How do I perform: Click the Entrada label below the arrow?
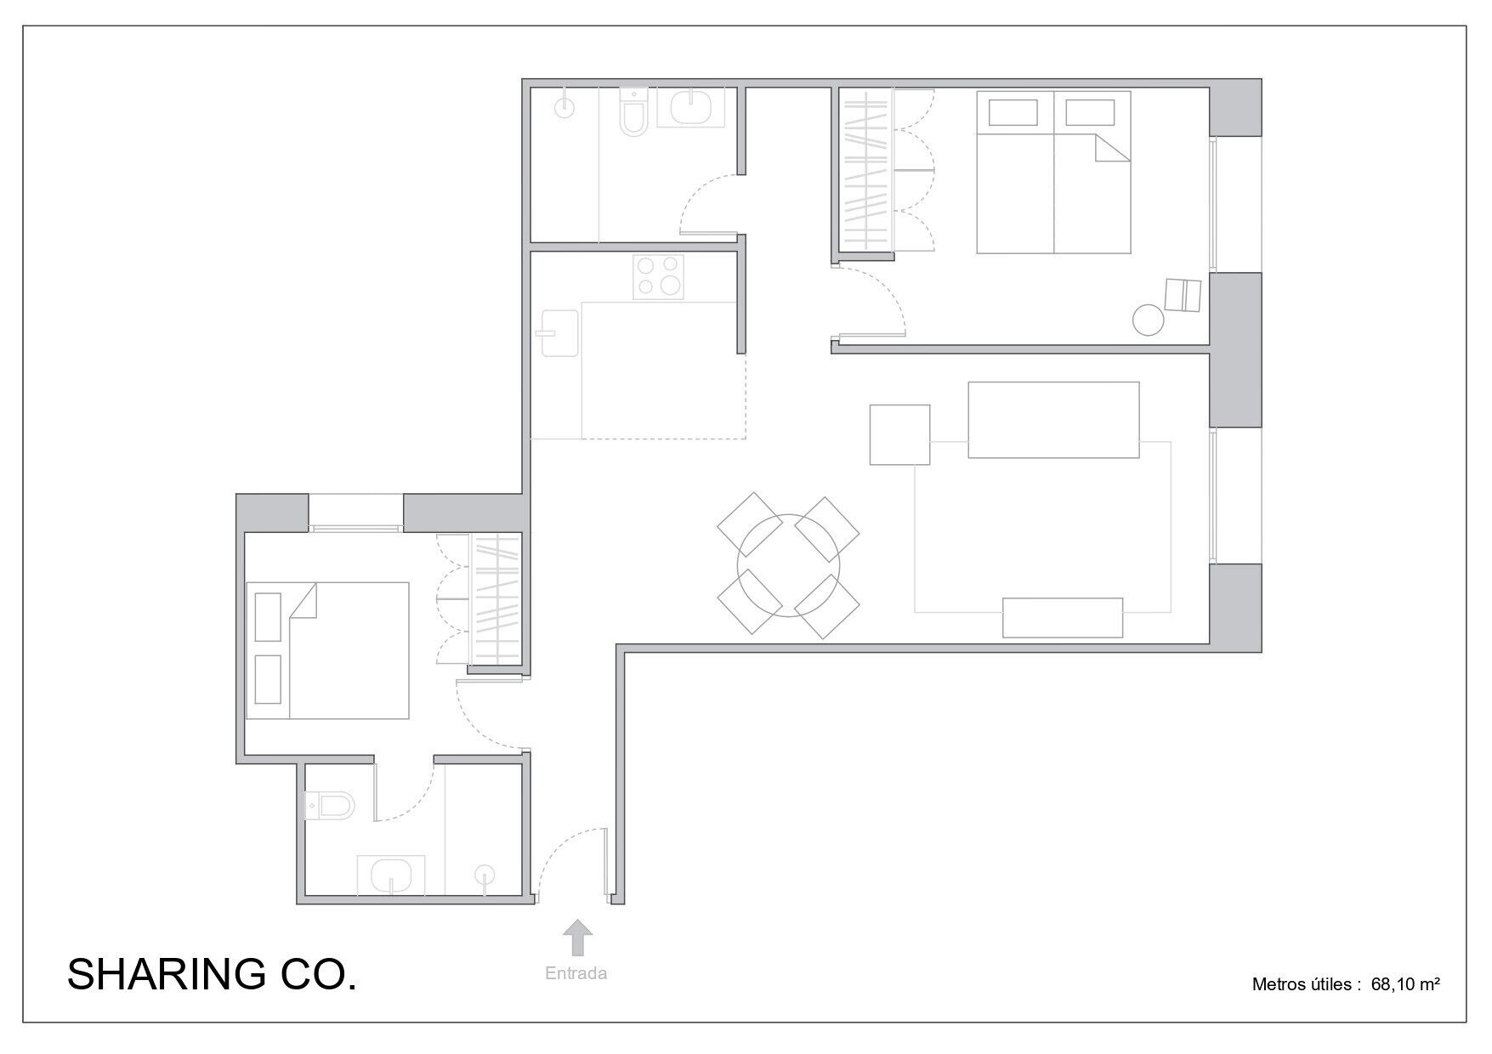[576, 973]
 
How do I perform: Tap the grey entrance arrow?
[578, 938]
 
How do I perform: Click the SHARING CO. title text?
[212, 974]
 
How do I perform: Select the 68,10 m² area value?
[1404, 984]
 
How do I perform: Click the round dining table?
[788, 564]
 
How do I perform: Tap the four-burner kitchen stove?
[659, 277]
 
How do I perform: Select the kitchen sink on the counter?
[557, 332]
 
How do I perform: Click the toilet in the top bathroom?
[633, 115]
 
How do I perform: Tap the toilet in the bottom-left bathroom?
[331, 805]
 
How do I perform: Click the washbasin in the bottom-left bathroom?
[392, 875]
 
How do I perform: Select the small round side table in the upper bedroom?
[1148, 321]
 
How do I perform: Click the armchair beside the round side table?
[1182, 295]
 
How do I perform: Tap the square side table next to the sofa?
[899, 434]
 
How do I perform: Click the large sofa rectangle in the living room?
[1052, 420]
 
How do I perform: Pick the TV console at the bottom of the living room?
[1062, 618]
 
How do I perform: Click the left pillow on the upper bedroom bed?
[1013, 113]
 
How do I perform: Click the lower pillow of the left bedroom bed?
[268, 679]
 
